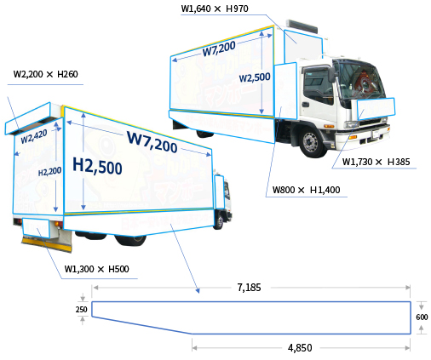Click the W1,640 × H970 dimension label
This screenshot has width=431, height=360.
pyautogui.click(x=215, y=9)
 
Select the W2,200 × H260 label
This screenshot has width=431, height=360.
pyautogui.click(x=45, y=74)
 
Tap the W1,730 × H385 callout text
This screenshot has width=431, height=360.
pyautogui.click(x=376, y=162)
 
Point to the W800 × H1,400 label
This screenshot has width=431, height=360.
pyautogui.click(x=306, y=190)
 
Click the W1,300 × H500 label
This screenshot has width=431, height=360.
pyautogui.click(x=96, y=269)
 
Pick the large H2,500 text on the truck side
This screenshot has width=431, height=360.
pyautogui.click(x=97, y=166)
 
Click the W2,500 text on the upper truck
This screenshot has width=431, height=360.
pyautogui.click(x=255, y=77)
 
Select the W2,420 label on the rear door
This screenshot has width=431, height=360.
pyautogui.click(x=34, y=136)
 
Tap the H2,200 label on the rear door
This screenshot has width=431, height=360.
pyautogui.click(x=49, y=172)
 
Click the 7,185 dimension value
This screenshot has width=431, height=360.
pyautogui.click(x=249, y=288)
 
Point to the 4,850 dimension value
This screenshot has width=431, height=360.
pyautogui.click(x=300, y=348)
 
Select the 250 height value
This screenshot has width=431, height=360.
pyautogui.click(x=82, y=309)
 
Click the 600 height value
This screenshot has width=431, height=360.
pyautogui.click(x=422, y=317)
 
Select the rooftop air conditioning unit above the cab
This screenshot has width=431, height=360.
pyautogui.click(x=302, y=26)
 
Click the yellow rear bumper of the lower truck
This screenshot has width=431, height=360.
pyautogui.click(x=46, y=244)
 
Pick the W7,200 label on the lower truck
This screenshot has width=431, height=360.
pyautogui.click(x=152, y=141)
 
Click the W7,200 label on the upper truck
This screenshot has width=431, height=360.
pyautogui.click(x=219, y=49)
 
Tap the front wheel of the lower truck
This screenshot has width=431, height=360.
pyautogui.click(x=219, y=222)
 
